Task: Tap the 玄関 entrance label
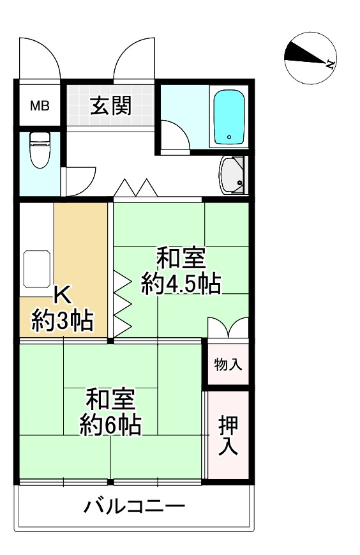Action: click(110, 105)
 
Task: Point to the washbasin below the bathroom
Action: click(233, 174)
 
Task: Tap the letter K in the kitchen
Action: click(63, 295)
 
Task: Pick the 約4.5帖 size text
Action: click(181, 284)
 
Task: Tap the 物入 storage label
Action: click(228, 365)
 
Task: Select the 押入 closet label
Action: click(228, 435)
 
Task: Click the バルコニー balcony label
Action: click(135, 508)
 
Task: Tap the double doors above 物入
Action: click(228, 328)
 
